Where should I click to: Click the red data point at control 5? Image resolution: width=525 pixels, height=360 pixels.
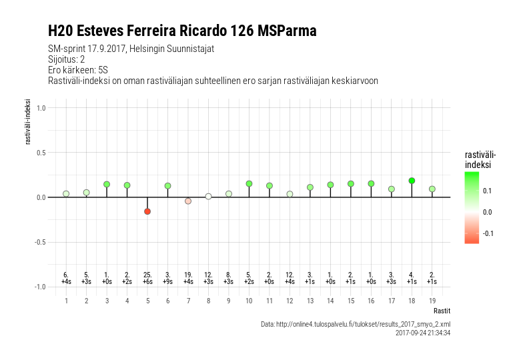pyautogui.click(x=147, y=211)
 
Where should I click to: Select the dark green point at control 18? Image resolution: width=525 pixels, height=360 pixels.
pyautogui.click(x=412, y=181)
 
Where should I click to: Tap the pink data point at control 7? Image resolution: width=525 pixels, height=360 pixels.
pyautogui.click(x=188, y=201)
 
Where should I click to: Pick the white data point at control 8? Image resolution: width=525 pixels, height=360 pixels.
pyautogui.click(x=208, y=197)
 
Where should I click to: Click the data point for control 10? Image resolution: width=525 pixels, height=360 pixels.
pyautogui.click(x=249, y=184)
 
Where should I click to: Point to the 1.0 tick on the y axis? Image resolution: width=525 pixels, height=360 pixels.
pyautogui.click(x=41, y=108)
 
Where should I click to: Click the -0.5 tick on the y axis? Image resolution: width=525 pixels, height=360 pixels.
pyautogui.click(x=40, y=242)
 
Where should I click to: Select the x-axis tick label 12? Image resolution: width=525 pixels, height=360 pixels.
pyautogui.click(x=290, y=301)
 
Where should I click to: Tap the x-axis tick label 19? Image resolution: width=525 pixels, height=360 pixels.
pyautogui.click(x=432, y=301)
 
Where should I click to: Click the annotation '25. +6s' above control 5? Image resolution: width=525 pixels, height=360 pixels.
pyautogui.click(x=147, y=279)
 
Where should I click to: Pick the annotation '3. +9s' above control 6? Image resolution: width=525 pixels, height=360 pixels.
pyautogui.click(x=167, y=279)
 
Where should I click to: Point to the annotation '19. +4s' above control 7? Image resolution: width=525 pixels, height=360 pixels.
pyautogui.click(x=188, y=279)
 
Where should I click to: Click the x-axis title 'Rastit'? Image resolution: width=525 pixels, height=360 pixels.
pyautogui.click(x=442, y=311)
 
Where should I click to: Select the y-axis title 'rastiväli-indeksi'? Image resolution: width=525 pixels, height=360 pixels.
pyautogui.click(x=28, y=122)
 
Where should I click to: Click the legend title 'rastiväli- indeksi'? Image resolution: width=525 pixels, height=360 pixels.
pyautogui.click(x=480, y=160)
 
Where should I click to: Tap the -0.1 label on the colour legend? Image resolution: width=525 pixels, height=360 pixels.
pyautogui.click(x=488, y=233)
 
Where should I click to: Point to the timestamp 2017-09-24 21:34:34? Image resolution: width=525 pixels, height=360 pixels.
pyautogui.click(x=423, y=333)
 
